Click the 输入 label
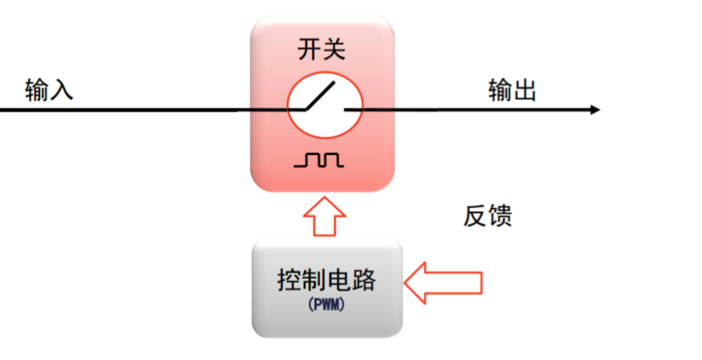point(49,90)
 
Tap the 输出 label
point(512,90)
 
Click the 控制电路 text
point(326,280)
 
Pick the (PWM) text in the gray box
point(327,304)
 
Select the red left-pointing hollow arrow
point(442,282)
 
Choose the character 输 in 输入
point(37,90)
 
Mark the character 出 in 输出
point(525,90)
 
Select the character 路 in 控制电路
point(364,280)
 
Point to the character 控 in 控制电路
point(289,280)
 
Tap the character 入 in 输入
point(61,90)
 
